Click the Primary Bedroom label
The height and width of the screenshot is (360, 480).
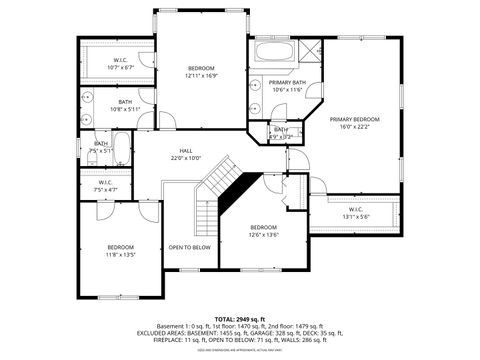point(355,119)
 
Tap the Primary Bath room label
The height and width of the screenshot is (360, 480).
point(287,83)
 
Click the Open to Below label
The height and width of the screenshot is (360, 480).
point(189,247)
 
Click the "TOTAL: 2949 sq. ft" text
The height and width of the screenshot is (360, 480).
point(239,317)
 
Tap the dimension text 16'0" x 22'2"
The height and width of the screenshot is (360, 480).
point(355,126)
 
